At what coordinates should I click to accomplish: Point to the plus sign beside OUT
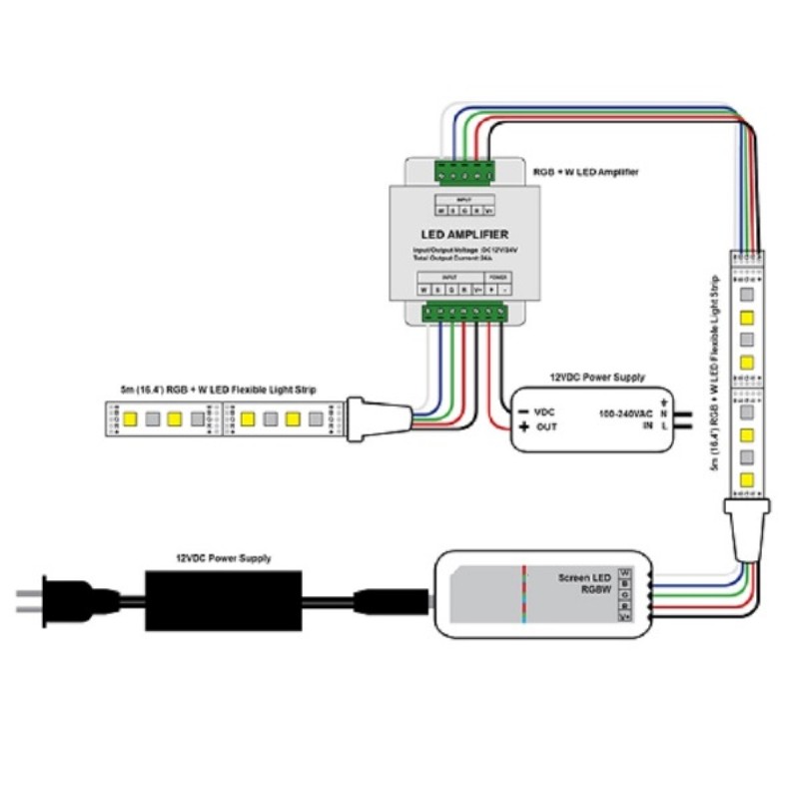[523, 427]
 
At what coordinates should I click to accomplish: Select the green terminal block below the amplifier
[466, 314]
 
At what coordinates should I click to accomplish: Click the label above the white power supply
[597, 378]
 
